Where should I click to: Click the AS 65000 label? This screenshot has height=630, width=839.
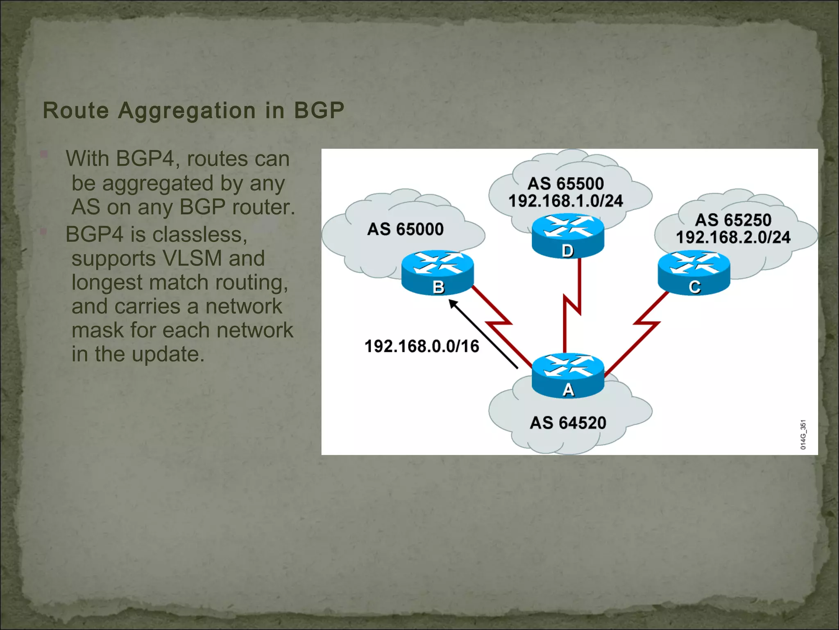point(405,229)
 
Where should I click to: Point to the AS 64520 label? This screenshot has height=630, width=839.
point(568,422)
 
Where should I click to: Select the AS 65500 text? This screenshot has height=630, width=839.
point(565,183)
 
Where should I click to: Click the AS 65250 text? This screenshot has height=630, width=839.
point(733,220)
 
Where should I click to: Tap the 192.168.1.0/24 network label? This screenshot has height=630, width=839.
point(565,201)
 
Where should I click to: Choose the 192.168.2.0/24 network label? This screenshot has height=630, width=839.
point(733,237)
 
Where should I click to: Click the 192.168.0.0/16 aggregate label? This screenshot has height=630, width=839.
point(422,346)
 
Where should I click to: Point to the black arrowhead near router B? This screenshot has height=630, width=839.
point(453,304)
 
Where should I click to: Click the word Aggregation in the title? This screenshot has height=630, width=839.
point(187,111)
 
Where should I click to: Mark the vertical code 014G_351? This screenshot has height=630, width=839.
point(803,434)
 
